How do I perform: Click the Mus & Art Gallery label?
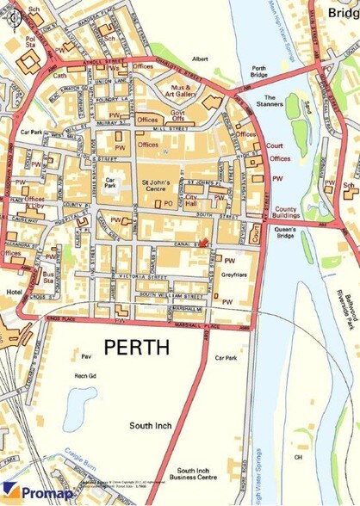click(181, 90)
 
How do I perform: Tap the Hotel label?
click(12, 293)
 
